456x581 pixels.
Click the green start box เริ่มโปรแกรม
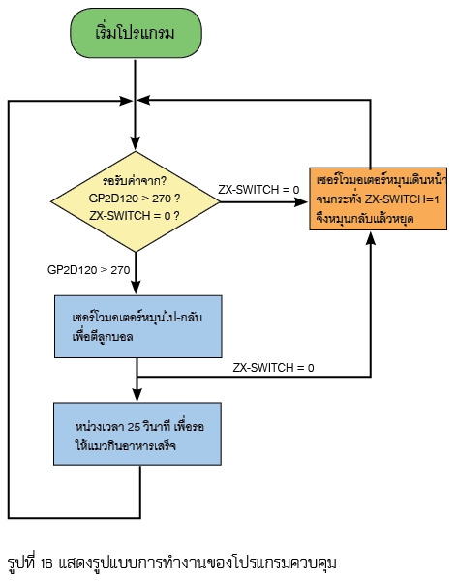coord(136,33)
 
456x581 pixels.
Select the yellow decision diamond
coord(136,202)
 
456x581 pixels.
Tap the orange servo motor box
coord(379,199)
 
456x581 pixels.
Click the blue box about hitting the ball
coord(138,326)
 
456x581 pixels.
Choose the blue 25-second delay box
coord(137,434)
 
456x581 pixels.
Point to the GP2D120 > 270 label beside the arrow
coord(88,270)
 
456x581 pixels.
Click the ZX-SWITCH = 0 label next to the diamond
coord(258,190)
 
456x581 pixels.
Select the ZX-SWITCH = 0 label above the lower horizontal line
coord(273,368)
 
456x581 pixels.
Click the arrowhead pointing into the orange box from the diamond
coord(301,202)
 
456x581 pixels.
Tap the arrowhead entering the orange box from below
coord(371,238)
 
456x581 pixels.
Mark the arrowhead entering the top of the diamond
coord(136,143)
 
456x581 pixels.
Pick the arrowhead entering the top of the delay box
coord(137,395)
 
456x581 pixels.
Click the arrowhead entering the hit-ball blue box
coord(136,288)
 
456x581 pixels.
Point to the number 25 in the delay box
coord(134,427)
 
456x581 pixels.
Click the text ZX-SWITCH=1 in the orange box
coord(402,199)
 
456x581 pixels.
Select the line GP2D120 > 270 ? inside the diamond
coord(135,199)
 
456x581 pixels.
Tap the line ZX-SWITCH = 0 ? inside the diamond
coord(135,216)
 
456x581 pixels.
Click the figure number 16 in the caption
coord(46,565)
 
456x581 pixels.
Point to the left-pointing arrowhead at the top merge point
coord(143,100)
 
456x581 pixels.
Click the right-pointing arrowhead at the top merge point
coord(126,101)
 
